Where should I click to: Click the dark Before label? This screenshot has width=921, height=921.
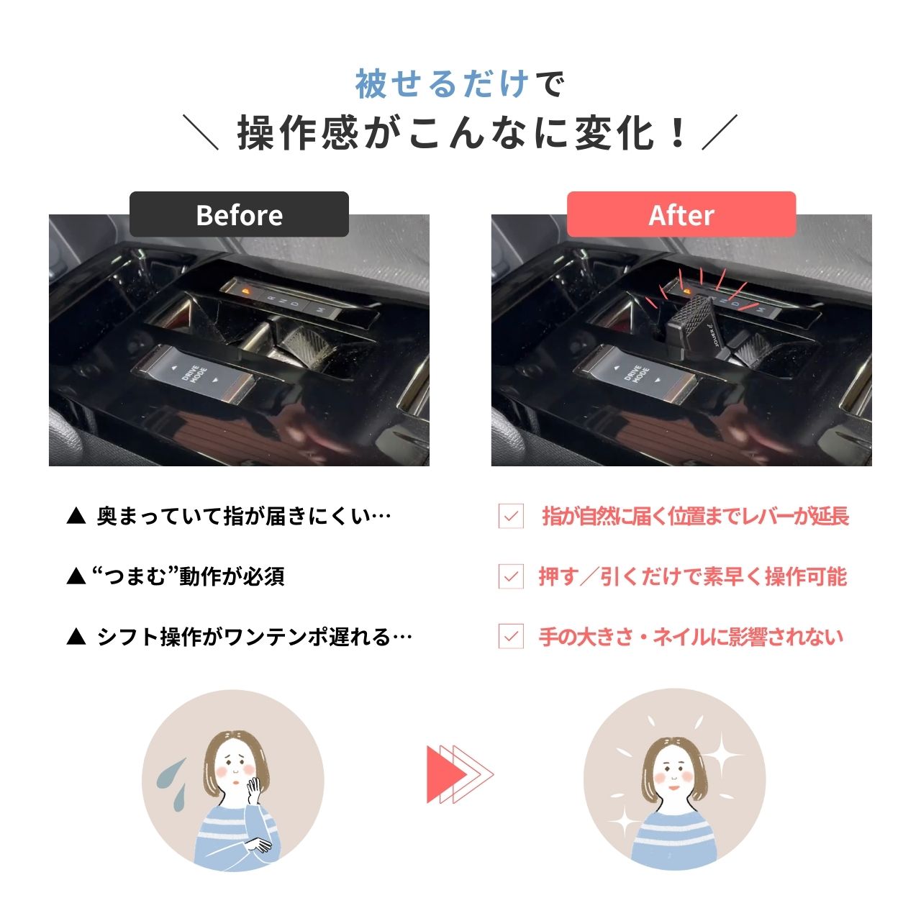239,214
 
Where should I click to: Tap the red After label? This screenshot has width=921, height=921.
681,214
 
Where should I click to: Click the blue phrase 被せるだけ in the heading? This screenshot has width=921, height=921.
442,84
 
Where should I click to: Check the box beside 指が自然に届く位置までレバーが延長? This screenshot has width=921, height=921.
511,516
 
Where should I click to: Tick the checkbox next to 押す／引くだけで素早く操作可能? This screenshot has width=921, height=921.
511,576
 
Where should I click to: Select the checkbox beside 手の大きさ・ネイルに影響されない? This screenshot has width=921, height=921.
511,636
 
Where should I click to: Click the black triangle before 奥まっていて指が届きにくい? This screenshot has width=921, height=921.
76,517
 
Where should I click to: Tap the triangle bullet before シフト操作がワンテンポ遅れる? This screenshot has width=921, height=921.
76,637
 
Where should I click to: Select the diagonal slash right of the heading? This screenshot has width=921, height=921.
720,132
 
